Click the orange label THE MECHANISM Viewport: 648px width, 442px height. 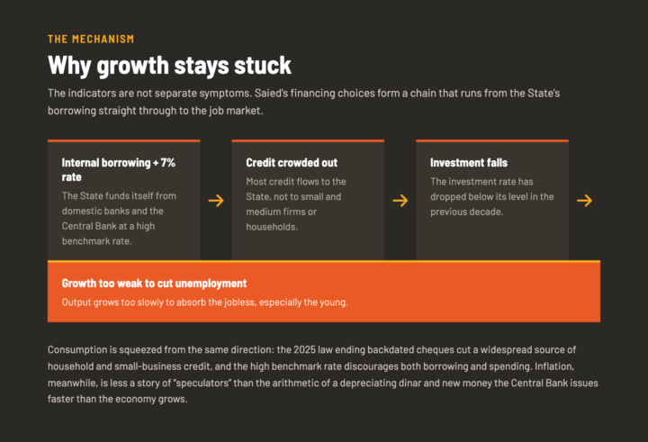click(91, 40)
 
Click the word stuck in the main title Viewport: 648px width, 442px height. click(263, 66)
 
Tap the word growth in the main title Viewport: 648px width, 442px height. click(132, 66)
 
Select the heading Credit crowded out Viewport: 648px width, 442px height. click(292, 163)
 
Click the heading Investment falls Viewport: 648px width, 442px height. click(469, 163)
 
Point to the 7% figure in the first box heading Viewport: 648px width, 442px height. click(168, 163)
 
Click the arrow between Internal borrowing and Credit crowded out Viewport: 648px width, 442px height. click(216, 201)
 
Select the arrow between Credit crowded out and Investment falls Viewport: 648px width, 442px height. click(400, 201)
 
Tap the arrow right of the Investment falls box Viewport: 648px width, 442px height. click(584, 201)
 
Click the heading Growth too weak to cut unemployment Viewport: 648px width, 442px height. click(154, 284)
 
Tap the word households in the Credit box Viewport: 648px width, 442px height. click(272, 227)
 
